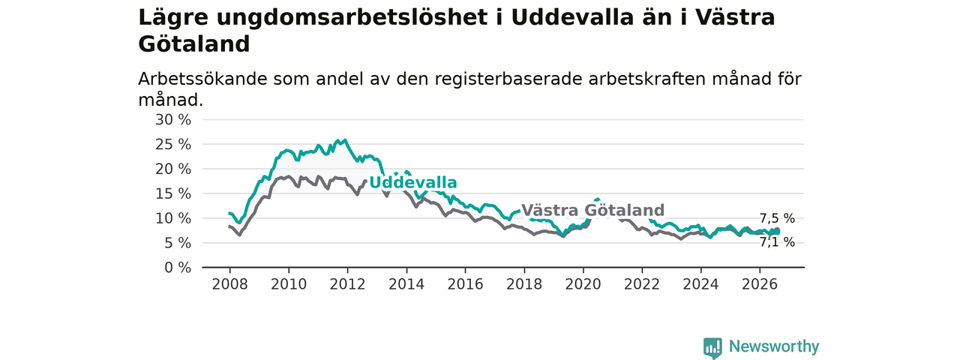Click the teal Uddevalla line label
413,182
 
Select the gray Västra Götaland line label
592,211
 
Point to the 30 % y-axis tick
173,120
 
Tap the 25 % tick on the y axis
173,145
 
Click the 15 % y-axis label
173,193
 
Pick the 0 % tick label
178,268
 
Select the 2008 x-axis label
229,284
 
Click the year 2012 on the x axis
347,284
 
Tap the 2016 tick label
466,284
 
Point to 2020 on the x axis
583,284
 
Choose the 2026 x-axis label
760,284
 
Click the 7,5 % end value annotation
777,218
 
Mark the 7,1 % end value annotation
777,242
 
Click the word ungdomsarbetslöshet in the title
352,19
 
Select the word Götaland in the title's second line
193,44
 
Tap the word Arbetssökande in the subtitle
202,79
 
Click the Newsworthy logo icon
712,347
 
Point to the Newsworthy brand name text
774,346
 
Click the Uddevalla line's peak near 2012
346,139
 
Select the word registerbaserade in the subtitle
508,79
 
